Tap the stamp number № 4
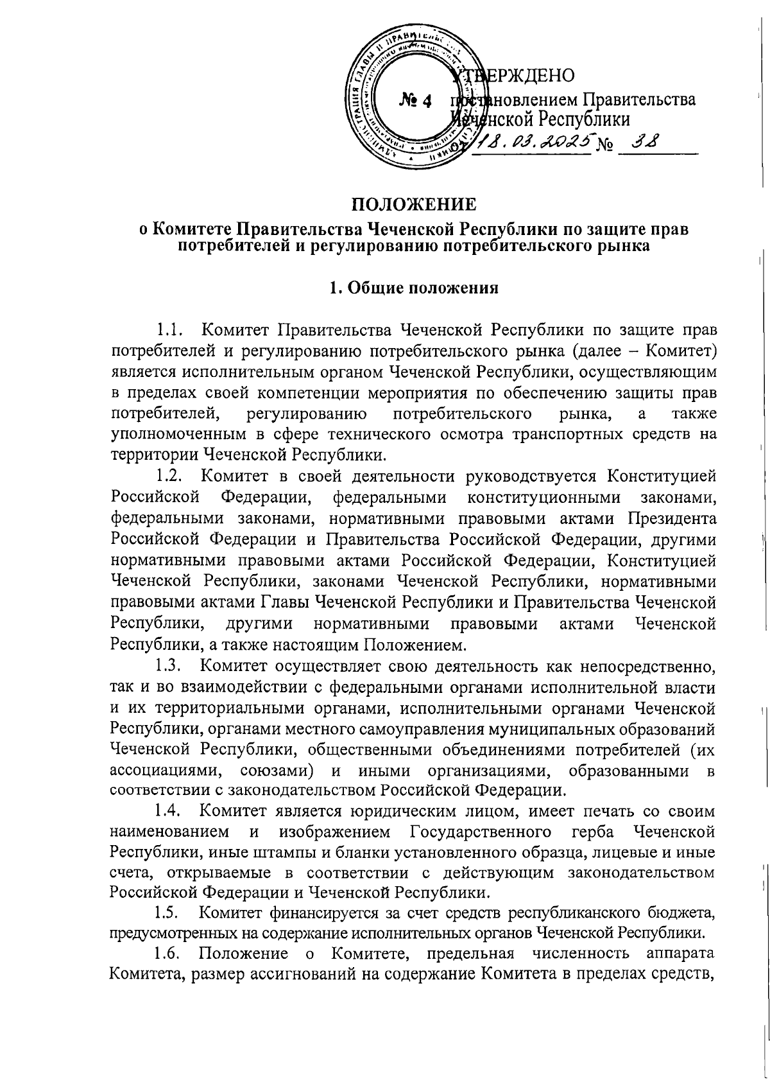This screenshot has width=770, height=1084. click(x=416, y=100)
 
